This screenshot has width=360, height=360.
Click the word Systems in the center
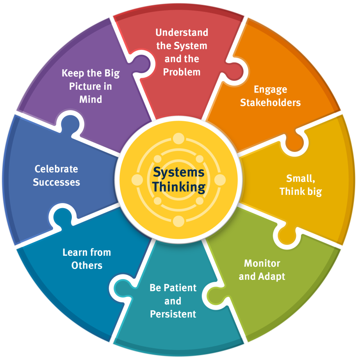point(178,172)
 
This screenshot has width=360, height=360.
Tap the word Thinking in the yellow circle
point(178,187)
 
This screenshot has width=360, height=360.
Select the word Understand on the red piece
point(182,32)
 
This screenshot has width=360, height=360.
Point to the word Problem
point(182,72)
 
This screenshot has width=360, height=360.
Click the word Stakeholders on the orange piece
point(270,103)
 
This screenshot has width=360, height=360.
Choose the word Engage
point(270,89)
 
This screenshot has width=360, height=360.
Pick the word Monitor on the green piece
point(262,263)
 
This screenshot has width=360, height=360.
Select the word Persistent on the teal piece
point(173,314)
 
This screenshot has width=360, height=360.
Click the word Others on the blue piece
point(87,266)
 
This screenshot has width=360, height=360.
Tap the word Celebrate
point(56,169)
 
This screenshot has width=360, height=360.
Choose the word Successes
point(56,182)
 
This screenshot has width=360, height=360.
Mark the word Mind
point(91,100)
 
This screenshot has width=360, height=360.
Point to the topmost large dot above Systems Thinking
point(178,138)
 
